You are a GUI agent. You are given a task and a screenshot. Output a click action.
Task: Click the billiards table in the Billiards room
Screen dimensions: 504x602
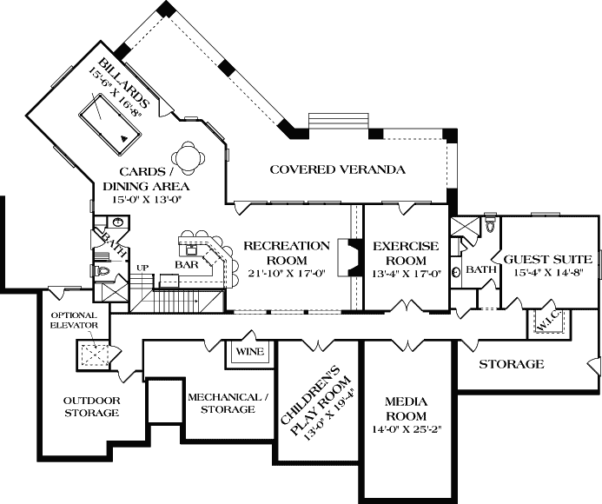click(x=109, y=118)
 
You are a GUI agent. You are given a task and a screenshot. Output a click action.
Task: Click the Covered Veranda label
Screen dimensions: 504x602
click(x=337, y=169)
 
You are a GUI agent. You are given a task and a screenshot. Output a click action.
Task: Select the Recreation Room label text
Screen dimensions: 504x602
click(x=286, y=252)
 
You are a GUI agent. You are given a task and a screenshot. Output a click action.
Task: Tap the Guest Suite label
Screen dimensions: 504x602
click(x=548, y=259)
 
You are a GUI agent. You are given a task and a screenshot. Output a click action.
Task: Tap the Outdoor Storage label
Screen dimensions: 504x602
click(x=91, y=407)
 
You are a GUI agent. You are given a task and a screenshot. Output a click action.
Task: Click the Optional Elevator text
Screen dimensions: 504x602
click(x=77, y=320)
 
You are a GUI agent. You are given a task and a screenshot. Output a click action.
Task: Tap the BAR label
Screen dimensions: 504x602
click(x=188, y=263)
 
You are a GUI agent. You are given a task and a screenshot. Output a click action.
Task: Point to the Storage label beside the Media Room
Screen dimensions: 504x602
click(x=512, y=364)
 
